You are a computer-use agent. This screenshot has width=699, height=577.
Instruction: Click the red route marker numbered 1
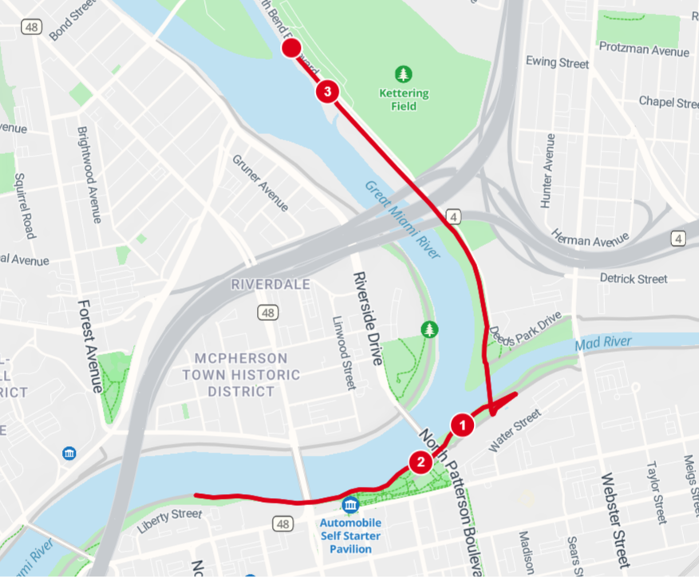point(460,425)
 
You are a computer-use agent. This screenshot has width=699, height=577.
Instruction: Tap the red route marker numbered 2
point(419,461)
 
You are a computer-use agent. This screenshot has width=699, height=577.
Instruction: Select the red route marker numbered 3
point(327,91)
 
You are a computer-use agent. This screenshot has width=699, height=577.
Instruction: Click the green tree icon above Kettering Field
point(405,74)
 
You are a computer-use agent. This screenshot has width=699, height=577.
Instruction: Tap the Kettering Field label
point(404,100)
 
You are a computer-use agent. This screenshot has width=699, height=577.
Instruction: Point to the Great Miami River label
point(403,219)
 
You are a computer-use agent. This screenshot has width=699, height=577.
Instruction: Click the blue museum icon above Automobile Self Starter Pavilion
point(349,504)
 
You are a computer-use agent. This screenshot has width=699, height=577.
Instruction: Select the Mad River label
point(602,342)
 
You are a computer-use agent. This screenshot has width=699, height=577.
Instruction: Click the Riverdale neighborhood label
point(271,284)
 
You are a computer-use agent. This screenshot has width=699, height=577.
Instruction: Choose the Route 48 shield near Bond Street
point(32,28)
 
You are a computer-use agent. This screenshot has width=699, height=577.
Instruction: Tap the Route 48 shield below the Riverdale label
point(269,313)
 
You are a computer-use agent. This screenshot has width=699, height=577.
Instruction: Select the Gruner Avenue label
point(260,183)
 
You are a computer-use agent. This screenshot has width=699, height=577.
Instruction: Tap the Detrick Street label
point(634,279)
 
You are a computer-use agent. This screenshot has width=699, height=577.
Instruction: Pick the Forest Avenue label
point(89,346)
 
